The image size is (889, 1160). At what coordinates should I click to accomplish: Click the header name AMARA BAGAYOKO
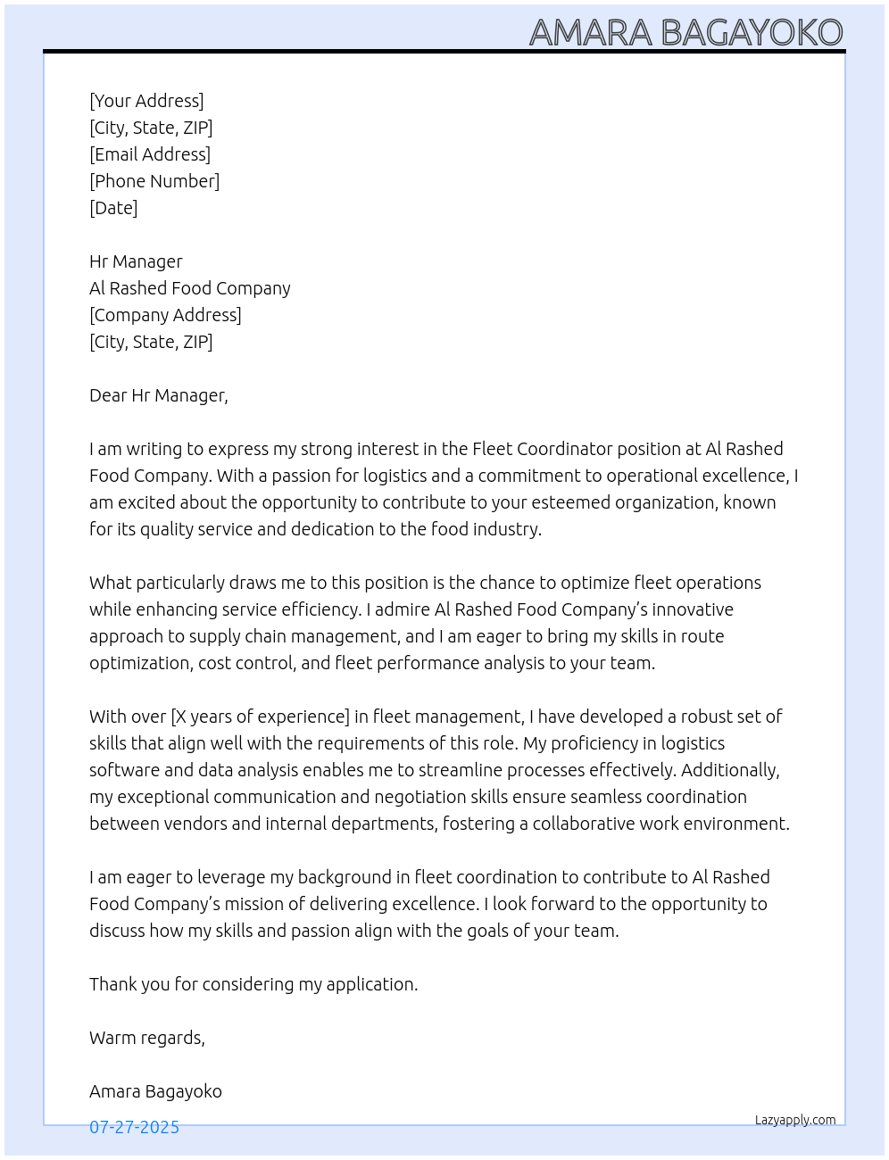(685, 32)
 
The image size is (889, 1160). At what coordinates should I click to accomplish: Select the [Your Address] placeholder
(146, 101)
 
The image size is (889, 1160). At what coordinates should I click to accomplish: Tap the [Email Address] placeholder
(150, 154)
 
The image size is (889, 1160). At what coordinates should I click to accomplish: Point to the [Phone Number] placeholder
(154, 181)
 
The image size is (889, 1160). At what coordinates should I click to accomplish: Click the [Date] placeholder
(113, 208)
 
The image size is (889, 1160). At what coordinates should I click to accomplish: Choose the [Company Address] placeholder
(165, 315)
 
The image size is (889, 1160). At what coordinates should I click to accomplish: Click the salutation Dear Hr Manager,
(159, 395)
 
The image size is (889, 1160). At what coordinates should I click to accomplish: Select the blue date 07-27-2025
(134, 1127)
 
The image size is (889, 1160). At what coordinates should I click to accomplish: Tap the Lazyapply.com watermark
(795, 1120)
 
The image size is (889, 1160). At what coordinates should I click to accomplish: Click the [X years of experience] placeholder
(260, 717)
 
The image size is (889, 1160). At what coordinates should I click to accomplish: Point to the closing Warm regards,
(147, 1038)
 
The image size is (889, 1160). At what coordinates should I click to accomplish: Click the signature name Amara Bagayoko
(155, 1091)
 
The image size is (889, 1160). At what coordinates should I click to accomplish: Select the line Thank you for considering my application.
(253, 984)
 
